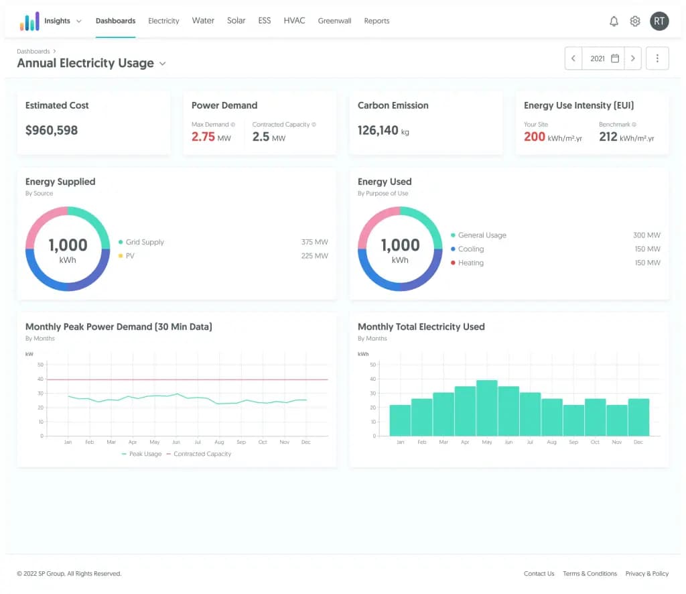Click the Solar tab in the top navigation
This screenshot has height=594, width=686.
pos(236,21)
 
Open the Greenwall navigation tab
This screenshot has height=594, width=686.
pos(334,21)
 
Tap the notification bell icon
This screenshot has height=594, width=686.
pos(614,21)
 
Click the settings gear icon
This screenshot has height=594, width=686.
pos(635,21)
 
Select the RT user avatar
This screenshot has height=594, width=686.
pos(659,21)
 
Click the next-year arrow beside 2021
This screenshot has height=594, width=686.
pos(633,58)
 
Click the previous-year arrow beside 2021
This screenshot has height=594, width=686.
pos(573,58)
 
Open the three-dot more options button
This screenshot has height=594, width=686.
pos(657,58)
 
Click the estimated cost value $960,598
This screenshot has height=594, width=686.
pos(52,130)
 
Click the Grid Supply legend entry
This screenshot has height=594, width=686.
pos(144,242)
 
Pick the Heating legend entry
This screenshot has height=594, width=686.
pos(470,263)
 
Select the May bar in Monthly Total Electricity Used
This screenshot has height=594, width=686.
pos(486,408)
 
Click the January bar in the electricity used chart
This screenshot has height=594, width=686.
pos(400,420)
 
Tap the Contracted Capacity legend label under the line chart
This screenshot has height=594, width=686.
pos(202,454)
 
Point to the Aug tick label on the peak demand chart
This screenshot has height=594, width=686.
pos(219,442)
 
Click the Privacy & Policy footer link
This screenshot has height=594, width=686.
pos(646,574)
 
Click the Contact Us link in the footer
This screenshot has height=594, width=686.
pos(539,574)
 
